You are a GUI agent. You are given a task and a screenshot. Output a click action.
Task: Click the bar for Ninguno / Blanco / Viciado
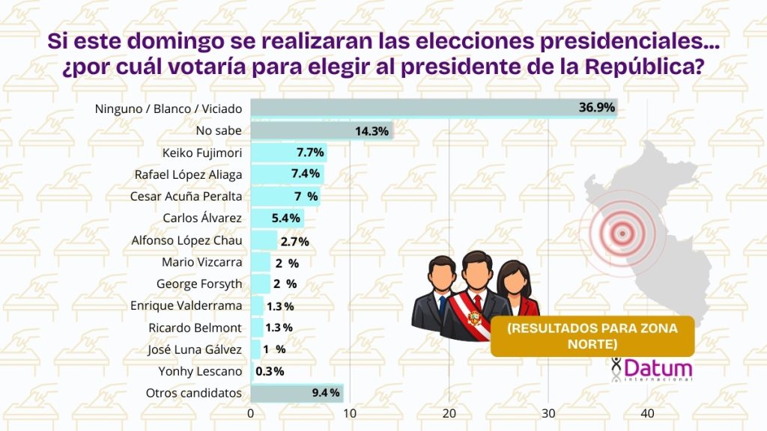tap(433, 108)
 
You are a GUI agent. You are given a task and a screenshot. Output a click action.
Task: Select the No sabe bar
tap(321, 131)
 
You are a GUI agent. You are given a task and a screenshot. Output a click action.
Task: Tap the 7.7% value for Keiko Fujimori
tap(310, 153)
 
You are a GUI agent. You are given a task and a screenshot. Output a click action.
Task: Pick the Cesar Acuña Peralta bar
tap(285, 197)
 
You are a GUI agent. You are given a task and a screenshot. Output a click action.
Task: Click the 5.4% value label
tap(285, 218)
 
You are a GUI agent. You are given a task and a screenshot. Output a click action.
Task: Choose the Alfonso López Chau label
tap(187, 240)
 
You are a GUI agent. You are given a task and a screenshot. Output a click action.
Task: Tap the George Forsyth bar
tap(260, 284)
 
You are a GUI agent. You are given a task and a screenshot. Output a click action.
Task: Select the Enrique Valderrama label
tap(186, 305)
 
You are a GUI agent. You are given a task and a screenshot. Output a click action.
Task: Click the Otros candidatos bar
tap(296, 393)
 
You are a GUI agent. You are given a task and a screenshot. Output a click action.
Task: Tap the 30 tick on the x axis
tap(548, 414)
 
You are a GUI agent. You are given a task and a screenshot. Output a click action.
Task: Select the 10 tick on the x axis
tap(350, 414)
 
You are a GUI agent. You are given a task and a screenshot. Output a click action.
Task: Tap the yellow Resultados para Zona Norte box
tap(592, 336)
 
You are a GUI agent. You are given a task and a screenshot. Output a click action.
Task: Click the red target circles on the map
tap(620, 233)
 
